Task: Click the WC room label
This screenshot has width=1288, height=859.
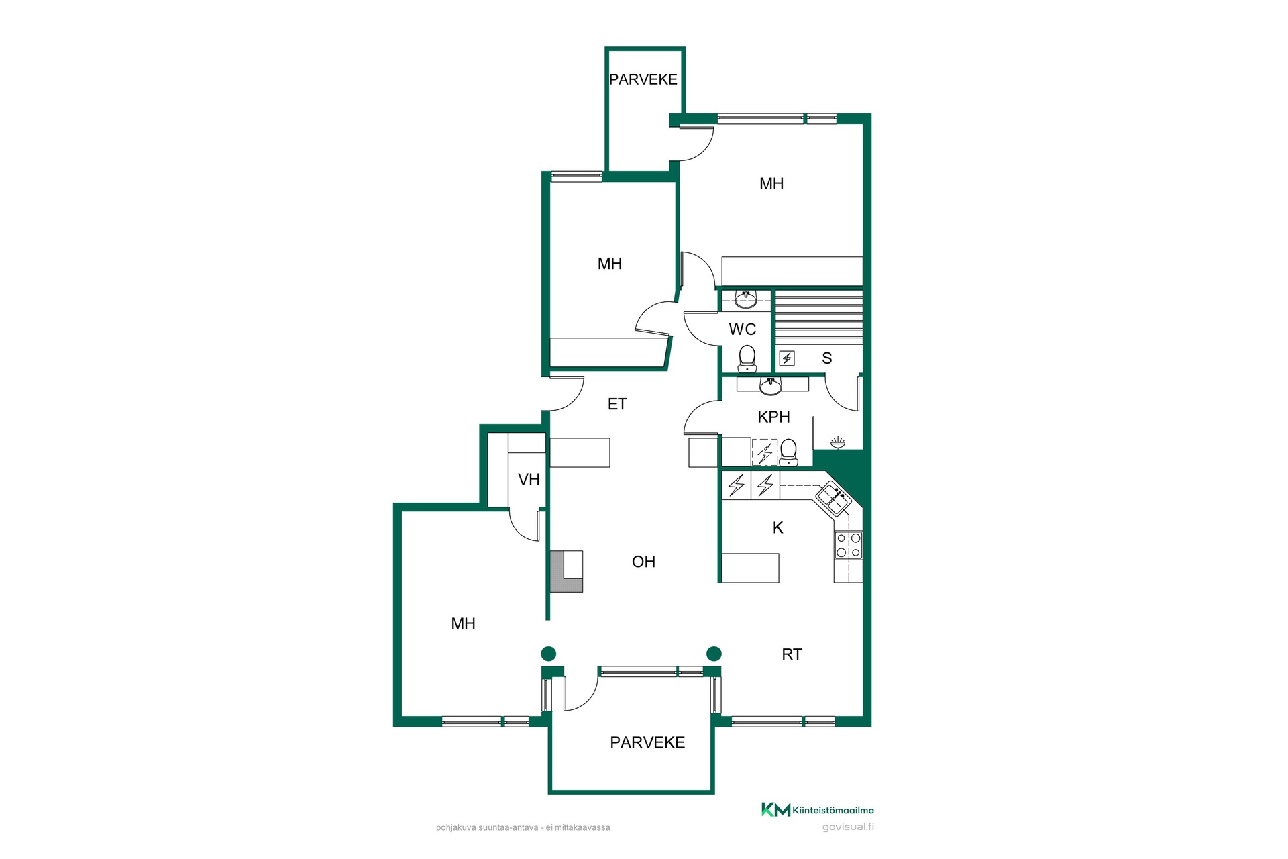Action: [x=742, y=330]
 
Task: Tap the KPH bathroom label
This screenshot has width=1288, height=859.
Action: [x=773, y=417]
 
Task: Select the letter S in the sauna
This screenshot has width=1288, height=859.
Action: [x=826, y=358]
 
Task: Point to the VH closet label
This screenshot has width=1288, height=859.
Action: [x=529, y=479]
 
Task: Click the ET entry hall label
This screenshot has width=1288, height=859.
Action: [x=617, y=404]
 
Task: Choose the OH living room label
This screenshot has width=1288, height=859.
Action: [x=643, y=562]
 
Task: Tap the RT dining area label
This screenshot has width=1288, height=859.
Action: [x=792, y=654]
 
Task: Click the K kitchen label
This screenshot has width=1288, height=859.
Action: [x=778, y=527]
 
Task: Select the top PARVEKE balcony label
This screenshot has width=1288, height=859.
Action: [x=643, y=79]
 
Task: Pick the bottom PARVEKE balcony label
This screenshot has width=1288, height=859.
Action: [x=647, y=742]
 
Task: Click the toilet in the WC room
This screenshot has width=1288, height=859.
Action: [x=747, y=358]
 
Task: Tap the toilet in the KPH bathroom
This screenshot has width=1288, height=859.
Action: [x=788, y=452]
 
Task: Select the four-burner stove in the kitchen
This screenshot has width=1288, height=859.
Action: [x=849, y=545]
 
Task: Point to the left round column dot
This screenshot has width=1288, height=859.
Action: [x=549, y=654]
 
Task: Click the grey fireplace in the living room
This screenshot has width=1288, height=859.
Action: [x=566, y=571]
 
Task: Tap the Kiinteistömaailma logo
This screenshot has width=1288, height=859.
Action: [x=817, y=810]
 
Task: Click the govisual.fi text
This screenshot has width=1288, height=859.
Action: [x=848, y=827]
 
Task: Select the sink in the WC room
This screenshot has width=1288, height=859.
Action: [x=746, y=299]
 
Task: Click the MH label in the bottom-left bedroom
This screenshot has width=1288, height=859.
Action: [x=463, y=624]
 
